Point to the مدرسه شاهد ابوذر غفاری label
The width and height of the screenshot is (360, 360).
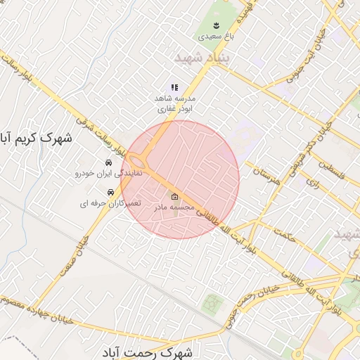[174, 104]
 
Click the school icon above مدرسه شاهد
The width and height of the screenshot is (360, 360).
[174, 87]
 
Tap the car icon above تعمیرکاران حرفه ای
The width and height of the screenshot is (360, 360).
[110, 192]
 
